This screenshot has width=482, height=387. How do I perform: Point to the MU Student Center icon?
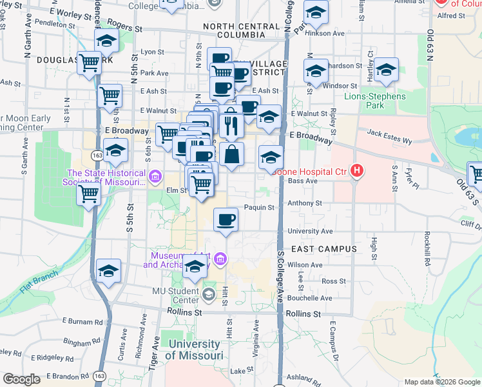(x=208, y=295)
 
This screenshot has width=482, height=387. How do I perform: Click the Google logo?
(x=21, y=379)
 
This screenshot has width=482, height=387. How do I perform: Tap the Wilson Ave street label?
(x=305, y=264)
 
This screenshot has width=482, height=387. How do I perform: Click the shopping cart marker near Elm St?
(x=202, y=184)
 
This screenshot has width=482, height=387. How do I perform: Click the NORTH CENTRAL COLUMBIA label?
(x=233, y=30)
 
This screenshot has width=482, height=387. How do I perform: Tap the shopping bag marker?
(x=232, y=154)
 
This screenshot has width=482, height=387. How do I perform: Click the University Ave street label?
(x=310, y=231)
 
